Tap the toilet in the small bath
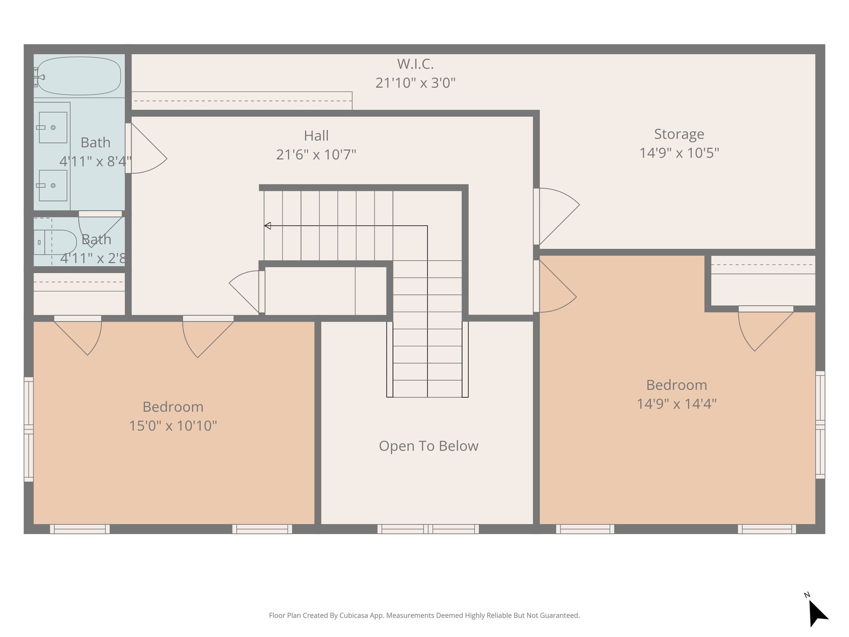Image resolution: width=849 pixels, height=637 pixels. click(56, 242)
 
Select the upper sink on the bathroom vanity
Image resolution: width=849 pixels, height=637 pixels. click(53, 127)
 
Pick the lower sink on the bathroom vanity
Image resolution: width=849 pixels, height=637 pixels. click(53, 185)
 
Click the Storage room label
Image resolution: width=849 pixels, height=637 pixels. click(679, 134)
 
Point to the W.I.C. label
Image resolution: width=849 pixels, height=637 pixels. click(415, 64)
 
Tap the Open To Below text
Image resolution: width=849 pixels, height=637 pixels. click(429, 446)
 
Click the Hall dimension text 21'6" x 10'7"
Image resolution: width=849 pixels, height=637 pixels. click(316, 155)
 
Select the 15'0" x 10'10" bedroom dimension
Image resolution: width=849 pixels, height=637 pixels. click(173, 426)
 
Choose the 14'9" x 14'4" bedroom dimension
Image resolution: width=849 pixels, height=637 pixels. click(677, 404)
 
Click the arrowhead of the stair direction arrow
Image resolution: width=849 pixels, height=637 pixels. click(267, 226)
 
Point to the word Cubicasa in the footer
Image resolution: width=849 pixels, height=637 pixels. click(354, 615)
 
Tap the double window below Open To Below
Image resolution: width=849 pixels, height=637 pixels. click(428, 529)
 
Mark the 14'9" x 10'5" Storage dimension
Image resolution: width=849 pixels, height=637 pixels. click(679, 153)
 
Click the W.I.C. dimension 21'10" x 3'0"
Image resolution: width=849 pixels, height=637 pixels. click(415, 83)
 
